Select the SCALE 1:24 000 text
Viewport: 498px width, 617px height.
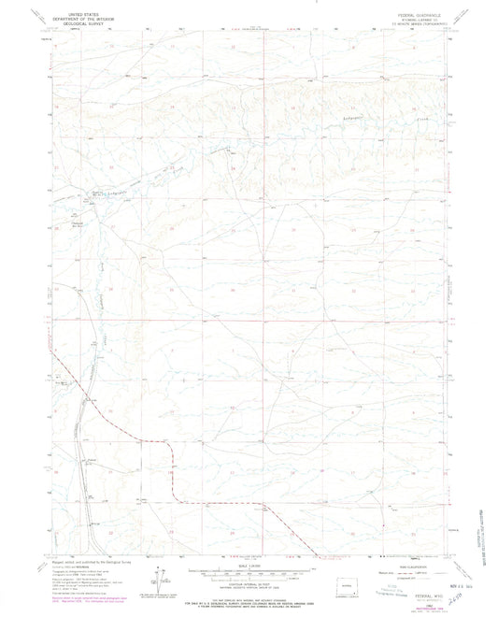(249, 565)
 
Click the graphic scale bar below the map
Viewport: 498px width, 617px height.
(249, 571)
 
